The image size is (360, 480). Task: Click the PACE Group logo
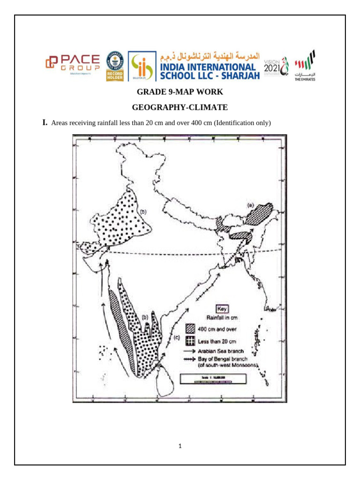point(73,64)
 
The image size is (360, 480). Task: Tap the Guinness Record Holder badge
point(115,66)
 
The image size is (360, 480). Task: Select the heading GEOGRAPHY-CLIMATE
point(180,107)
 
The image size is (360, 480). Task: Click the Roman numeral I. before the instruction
point(45,123)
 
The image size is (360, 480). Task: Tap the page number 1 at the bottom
point(180,446)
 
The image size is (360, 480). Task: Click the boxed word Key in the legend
point(221,309)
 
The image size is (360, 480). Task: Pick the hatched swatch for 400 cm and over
point(190,329)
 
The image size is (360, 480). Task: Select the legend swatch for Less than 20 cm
point(190,340)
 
